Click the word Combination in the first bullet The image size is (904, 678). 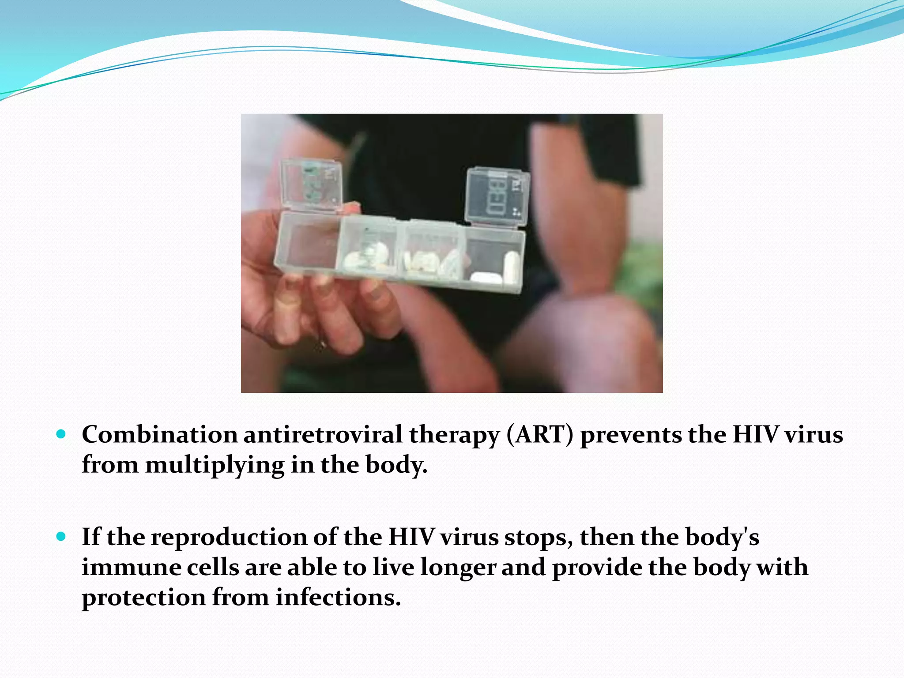tap(159, 435)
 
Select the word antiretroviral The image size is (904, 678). tap(323, 435)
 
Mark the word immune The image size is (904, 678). tap(131, 567)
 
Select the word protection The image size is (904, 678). tap(143, 598)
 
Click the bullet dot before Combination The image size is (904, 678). tap(61, 434)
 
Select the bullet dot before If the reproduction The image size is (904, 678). tap(61, 537)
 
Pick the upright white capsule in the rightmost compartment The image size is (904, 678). tap(512, 267)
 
